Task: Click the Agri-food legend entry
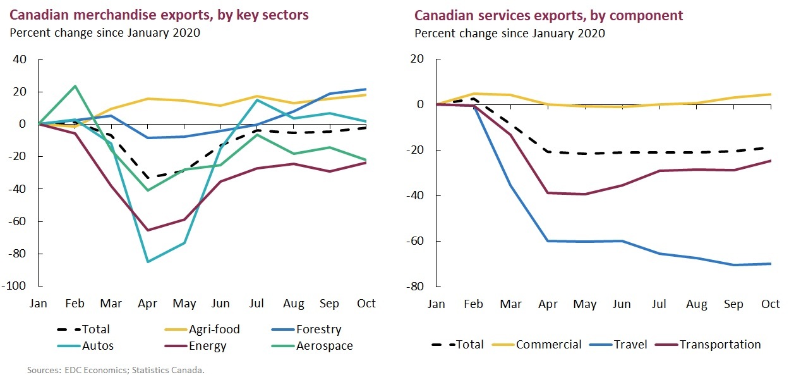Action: coord(214,329)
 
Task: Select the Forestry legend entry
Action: coord(319,329)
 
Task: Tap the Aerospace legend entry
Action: coord(323,346)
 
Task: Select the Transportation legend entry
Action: coord(720,345)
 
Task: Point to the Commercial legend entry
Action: coord(548,345)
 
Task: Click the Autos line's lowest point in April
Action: coord(148,261)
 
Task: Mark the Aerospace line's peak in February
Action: coord(75,86)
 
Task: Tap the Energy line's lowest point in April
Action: coord(148,230)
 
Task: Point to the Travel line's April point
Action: coord(547,241)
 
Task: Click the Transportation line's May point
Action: coord(585,194)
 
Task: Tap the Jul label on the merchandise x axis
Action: coord(256,304)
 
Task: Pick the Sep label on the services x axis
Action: coord(733,304)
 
